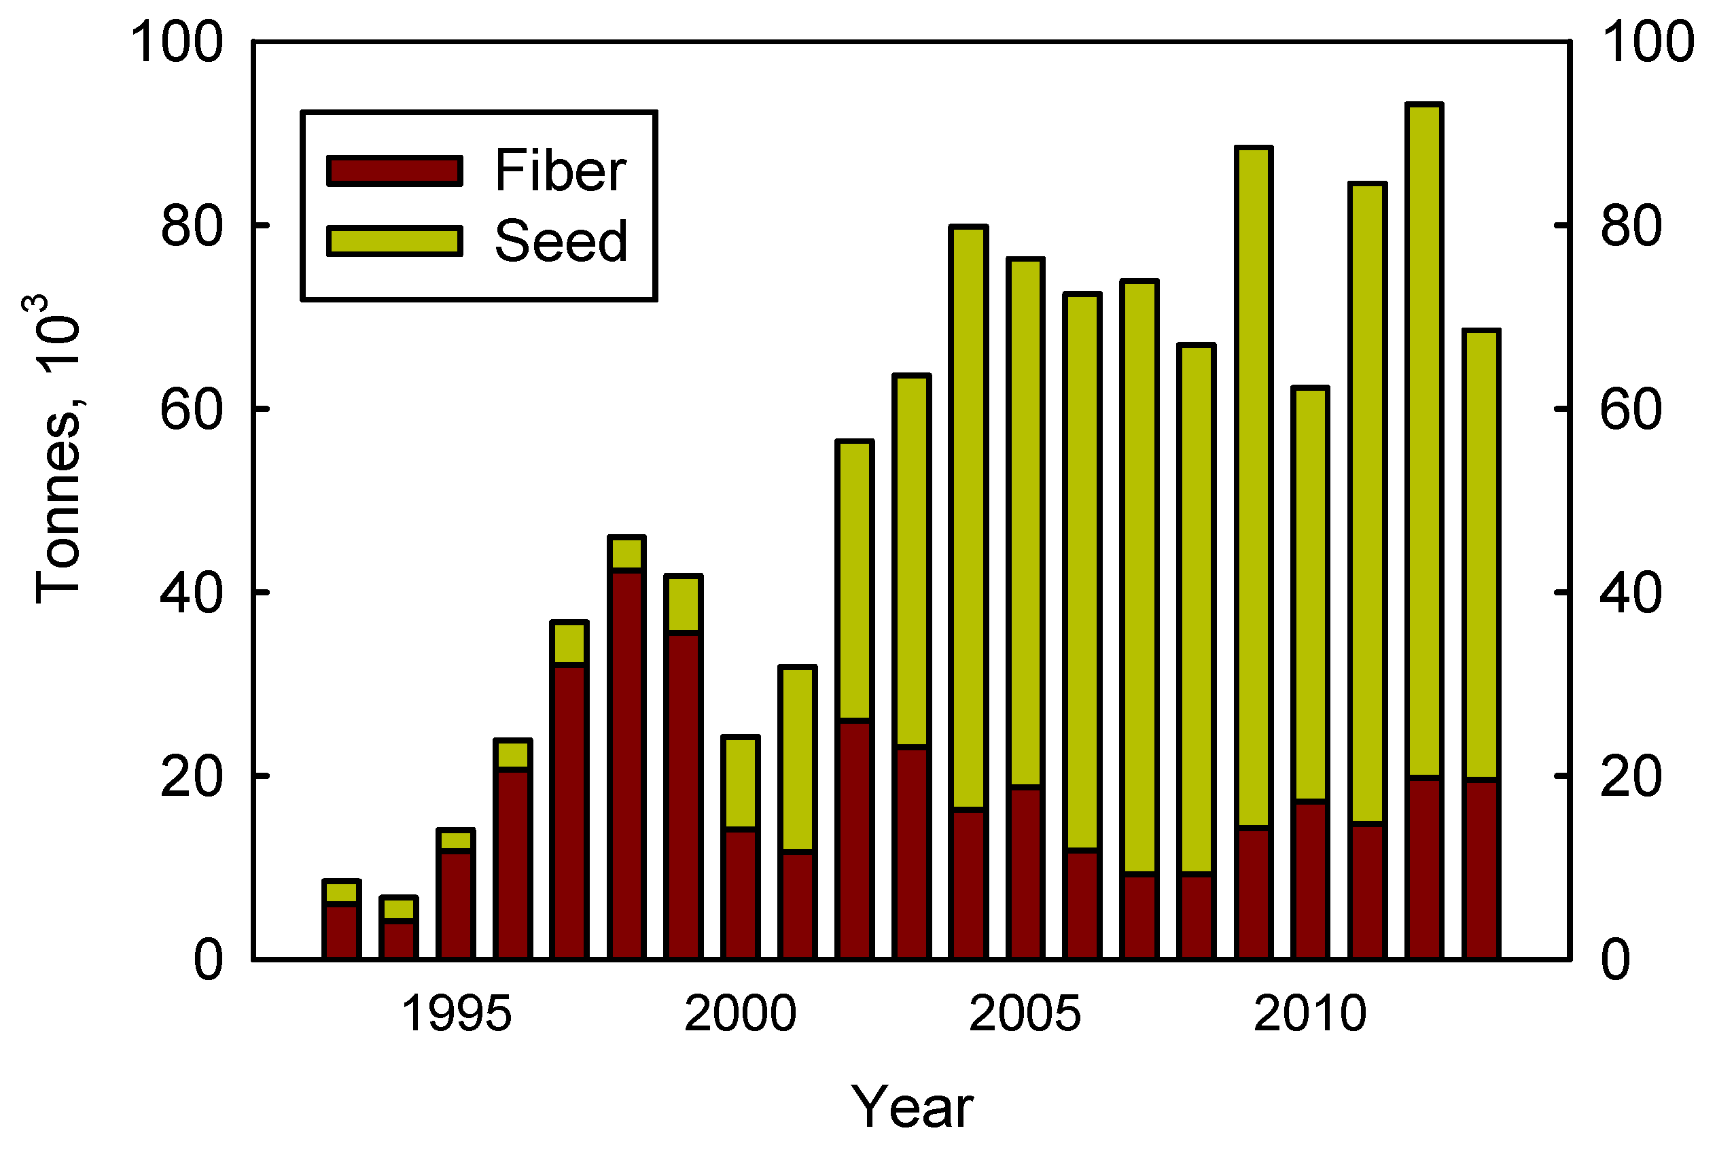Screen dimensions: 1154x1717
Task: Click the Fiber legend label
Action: click(560, 171)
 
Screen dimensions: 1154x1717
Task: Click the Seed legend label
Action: click(560, 241)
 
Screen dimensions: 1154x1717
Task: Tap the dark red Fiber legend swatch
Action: click(394, 171)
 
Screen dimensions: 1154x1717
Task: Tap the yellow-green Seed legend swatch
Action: click(394, 241)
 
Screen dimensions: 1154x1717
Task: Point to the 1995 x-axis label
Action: click(455, 1014)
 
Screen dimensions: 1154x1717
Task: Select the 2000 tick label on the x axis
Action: click(740, 1014)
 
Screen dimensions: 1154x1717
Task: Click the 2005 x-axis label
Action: click(1025, 1014)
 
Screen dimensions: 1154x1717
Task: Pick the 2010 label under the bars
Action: click(1309, 1014)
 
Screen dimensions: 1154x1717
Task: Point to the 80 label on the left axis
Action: click(190, 226)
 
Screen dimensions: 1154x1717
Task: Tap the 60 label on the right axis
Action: click(1630, 409)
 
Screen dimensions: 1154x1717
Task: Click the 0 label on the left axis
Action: click(207, 960)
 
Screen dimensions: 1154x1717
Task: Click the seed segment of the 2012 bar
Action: click(1424, 442)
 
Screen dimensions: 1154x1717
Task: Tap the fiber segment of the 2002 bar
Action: click(855, 840)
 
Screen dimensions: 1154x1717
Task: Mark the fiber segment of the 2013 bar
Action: click(1481, 869)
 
